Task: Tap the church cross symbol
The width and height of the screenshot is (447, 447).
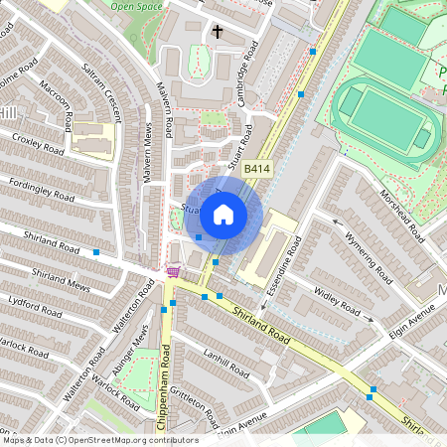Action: point(218,32)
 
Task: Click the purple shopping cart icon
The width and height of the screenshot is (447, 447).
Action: point(173,271)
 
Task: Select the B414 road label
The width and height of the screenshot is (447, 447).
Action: point(257,170)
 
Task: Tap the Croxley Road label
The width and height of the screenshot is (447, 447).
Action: point(40,144)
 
